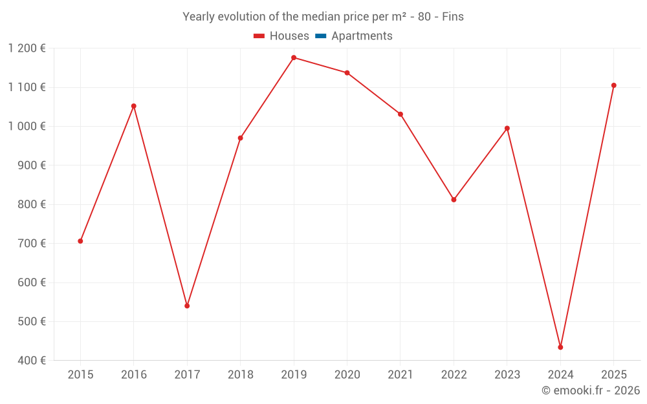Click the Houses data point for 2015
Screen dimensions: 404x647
(80, 241)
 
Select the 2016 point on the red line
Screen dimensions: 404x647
(134, 106)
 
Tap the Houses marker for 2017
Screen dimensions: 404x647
(187, 306)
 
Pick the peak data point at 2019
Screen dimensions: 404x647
(294, 58)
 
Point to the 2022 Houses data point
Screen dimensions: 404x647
(454, 200)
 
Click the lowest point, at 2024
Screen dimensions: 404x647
(560, 347)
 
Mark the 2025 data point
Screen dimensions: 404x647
(613, 85)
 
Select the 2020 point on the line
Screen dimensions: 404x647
(347, 72)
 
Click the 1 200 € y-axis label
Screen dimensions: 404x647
(27, 48)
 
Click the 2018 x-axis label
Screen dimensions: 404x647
(240, 375)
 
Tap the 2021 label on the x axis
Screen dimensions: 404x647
(400, 375)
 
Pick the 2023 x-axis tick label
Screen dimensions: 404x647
(507, 375)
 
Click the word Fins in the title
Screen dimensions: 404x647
(453, 17)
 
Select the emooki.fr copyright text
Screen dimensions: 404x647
(590, 390)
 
